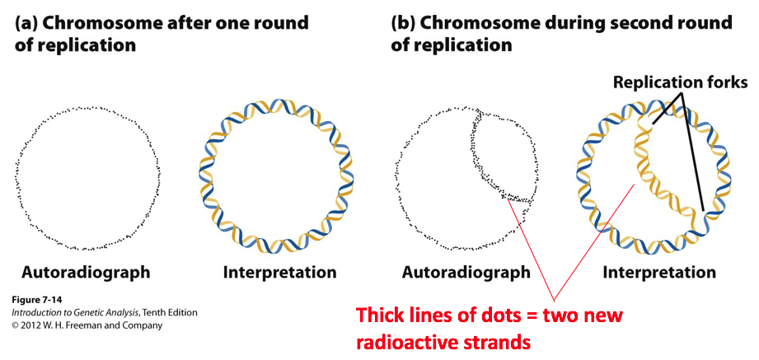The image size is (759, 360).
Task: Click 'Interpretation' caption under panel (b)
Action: coord(658,272)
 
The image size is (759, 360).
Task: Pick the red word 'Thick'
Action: coord(382,316)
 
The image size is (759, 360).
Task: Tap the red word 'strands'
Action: coord(524,340)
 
